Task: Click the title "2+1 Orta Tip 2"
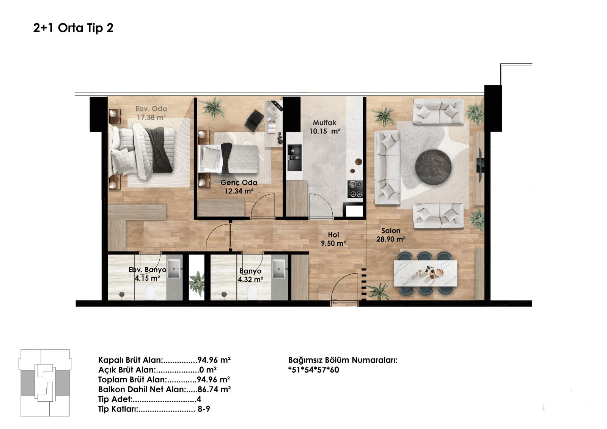tap(73, 28)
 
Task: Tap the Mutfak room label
tap(324, 123)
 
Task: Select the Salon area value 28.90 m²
tap(391, 239)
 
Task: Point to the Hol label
tap(333, 235)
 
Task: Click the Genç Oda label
tap(239, 183)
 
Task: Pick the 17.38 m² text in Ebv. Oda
tap(151, 117)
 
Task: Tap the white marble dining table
tap(425, 273)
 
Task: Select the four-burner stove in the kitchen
tap(355, 189)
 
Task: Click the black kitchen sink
tap(294, 158)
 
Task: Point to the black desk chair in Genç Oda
tap(254, 120)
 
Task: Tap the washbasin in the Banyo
tap(279, 269)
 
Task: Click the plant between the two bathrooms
tap(197, 284)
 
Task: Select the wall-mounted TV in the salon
tap(479, 165)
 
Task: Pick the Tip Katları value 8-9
tap(204, 409)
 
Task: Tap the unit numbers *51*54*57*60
tap(313, 370)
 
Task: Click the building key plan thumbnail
tap(45, 383)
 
